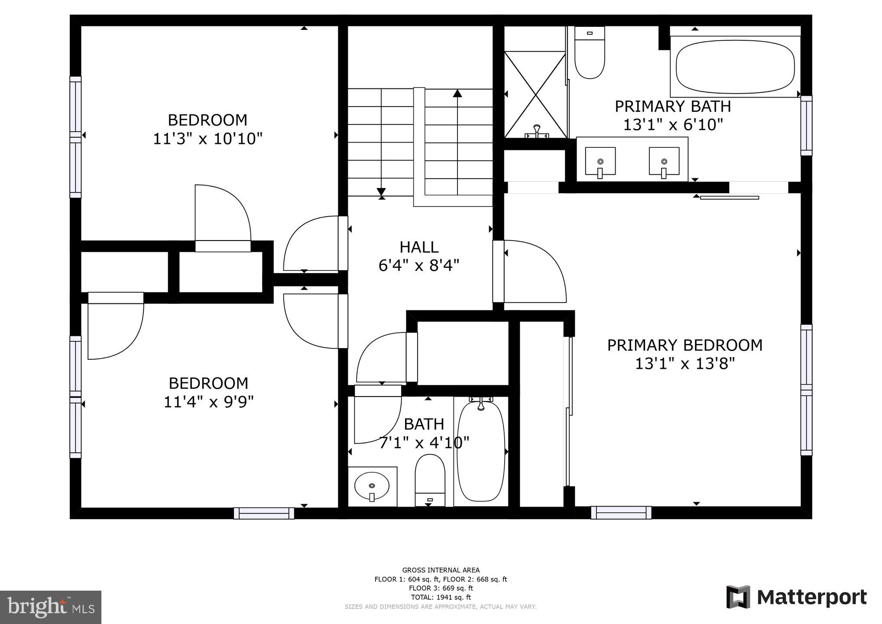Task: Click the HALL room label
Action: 419,247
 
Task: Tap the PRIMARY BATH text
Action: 673,106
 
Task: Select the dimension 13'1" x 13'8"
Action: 685,364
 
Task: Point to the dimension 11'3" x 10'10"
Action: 208,139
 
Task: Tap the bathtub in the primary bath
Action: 735,67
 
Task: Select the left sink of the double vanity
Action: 600,161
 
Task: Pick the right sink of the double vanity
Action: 664,161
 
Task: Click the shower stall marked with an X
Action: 535,94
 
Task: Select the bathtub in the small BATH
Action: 481,451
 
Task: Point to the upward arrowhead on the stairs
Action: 457,93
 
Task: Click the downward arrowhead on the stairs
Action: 381,192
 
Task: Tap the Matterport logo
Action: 796,597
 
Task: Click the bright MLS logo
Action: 50,607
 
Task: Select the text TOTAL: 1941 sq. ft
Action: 441,597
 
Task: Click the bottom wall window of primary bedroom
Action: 621,513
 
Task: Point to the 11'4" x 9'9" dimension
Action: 208,402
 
